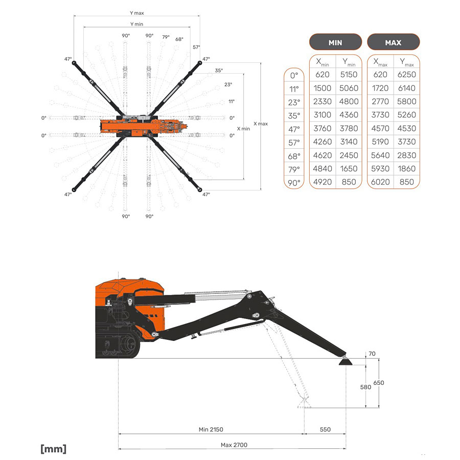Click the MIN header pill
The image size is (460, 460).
pyautogui.click(x=335, y=42)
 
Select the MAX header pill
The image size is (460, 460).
pyautogui.click(x=393, y=42)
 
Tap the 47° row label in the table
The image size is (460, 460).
pyautogui.click(x=294, y=129)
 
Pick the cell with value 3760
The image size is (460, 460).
pyautogui.click(x=322, y=128)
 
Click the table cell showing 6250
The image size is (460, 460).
pyautogui.click(x=407, y=75)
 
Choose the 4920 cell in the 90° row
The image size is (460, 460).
pyautogui.click(x=322, y=182)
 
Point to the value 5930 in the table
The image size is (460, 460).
pyautogui.click(x=380, y=169)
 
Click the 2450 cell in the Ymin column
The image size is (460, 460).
pyautogui.click(x=349, y=155)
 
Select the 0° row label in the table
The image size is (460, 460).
pyautogui.click(x=294, y=76)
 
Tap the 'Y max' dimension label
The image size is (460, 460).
pyautogui.click(x=136, y=13)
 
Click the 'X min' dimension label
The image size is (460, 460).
pyautogui.click(x=243, y=128)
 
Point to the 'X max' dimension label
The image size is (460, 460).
pyautogui.click(x=261, y=124)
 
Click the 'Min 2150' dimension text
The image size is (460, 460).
pyautogui.click(x=211, y=429)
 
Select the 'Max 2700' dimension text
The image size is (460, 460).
pyautogui.click(x=234, y=445)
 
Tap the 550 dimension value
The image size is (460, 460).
pyautogui.click(x=325, y=429)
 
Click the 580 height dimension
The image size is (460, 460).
pyautogui.click(x=365, y=387)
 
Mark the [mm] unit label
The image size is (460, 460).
pyautogui.click(x=53, y=449)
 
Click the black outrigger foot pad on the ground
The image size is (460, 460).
pyautogui.click(x=346, y=362)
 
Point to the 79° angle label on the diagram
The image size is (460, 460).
pyautogui.click(x=166, y=37)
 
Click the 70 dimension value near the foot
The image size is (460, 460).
pyautogui.click(x=372, y=354)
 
